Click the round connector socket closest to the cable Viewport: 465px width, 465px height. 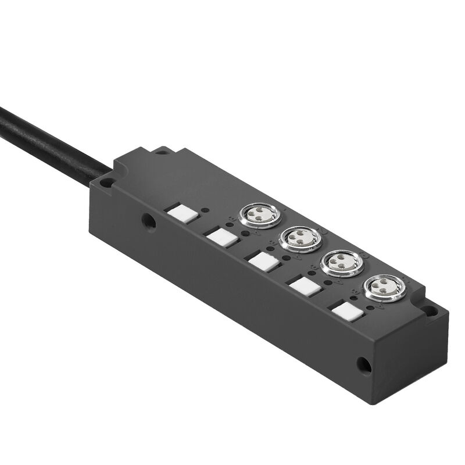[x=259, y=215]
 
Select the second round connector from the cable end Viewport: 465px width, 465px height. [x=301, y=239]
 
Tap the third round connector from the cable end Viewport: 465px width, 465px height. [x=342, y=263]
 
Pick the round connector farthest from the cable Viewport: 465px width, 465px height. [x=383, y=288]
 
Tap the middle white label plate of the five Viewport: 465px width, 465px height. [x=262, y=260]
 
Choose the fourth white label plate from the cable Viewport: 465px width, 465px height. [x=303, y=285]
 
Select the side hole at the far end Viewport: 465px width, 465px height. [x=363, y=364]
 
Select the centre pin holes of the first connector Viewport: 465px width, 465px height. [x=259, y=215]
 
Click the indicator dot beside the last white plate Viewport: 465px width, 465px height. [x=370, y=307]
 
